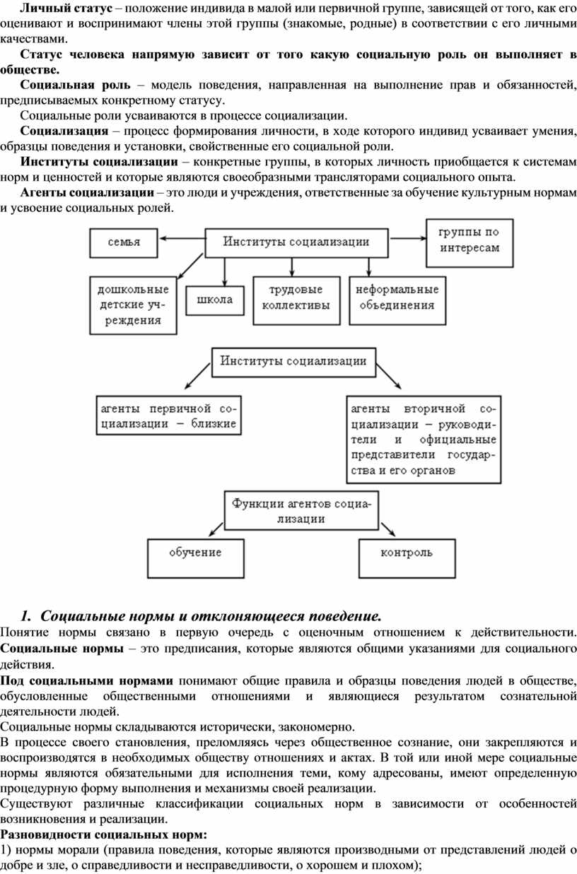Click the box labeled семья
tap(123, 242)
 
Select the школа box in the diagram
tap(215, 300)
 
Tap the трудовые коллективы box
tap(296, 300)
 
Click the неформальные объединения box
tap(397, 300)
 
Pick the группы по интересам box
tap(470, 242)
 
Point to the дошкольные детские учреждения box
tap(133, 305)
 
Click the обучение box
tap(196, 558)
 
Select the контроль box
tap(407, 558)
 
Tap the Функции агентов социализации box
tap(301, 510)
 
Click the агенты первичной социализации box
tap(169, 415)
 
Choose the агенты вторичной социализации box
tap(424, 439)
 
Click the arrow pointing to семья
tap(182, 238)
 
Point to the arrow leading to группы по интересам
tap(407, 238)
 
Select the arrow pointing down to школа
tap(224, 272)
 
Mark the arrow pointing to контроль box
tap(388, 529)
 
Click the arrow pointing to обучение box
tap(216, 529)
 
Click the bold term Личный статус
tap(66, 8)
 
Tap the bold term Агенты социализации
tap(87, 192)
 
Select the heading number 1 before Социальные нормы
tap(25, 616)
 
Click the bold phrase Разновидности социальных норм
tap(103, 834)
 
